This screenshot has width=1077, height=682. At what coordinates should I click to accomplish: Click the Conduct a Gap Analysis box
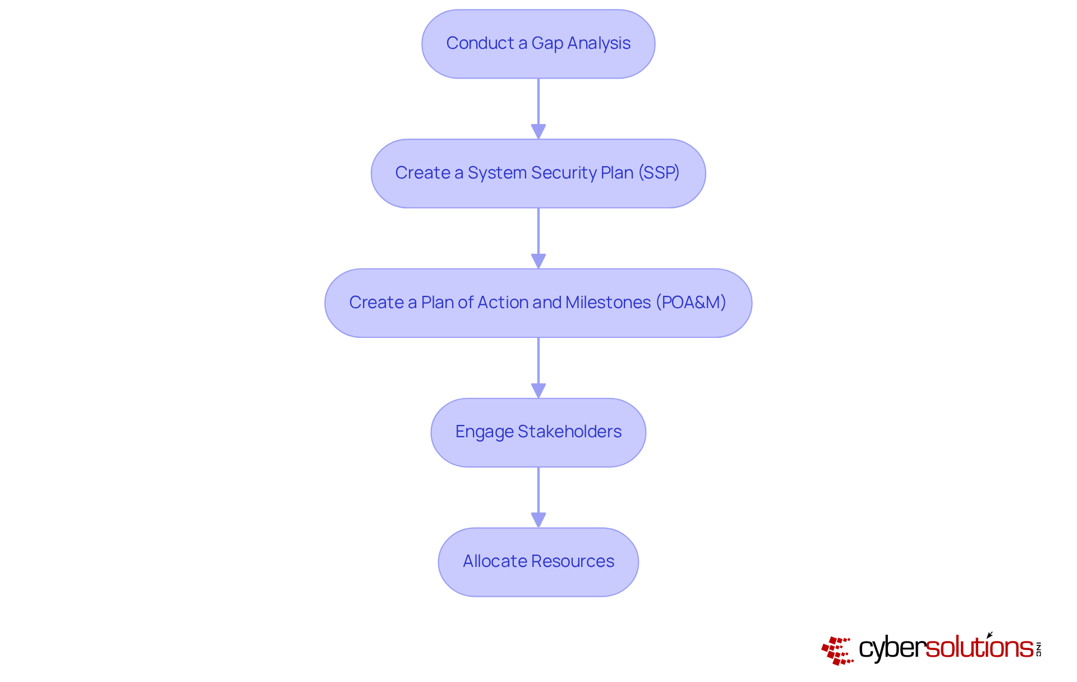538,44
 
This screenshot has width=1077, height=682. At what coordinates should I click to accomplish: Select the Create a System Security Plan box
538,173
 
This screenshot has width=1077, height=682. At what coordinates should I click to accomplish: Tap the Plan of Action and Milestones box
538,303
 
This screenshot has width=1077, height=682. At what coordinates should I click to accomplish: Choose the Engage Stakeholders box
538,432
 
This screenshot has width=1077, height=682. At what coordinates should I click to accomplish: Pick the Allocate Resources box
538,562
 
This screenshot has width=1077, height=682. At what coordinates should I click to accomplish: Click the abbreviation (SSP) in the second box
659,173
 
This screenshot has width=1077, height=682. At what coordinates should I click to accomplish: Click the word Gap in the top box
547,44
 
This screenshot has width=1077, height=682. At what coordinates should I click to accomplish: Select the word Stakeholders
569,432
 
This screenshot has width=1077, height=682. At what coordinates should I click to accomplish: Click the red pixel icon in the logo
837,651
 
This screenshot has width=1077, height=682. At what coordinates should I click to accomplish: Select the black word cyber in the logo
891,648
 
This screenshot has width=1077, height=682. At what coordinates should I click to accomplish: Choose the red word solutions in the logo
979,647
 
